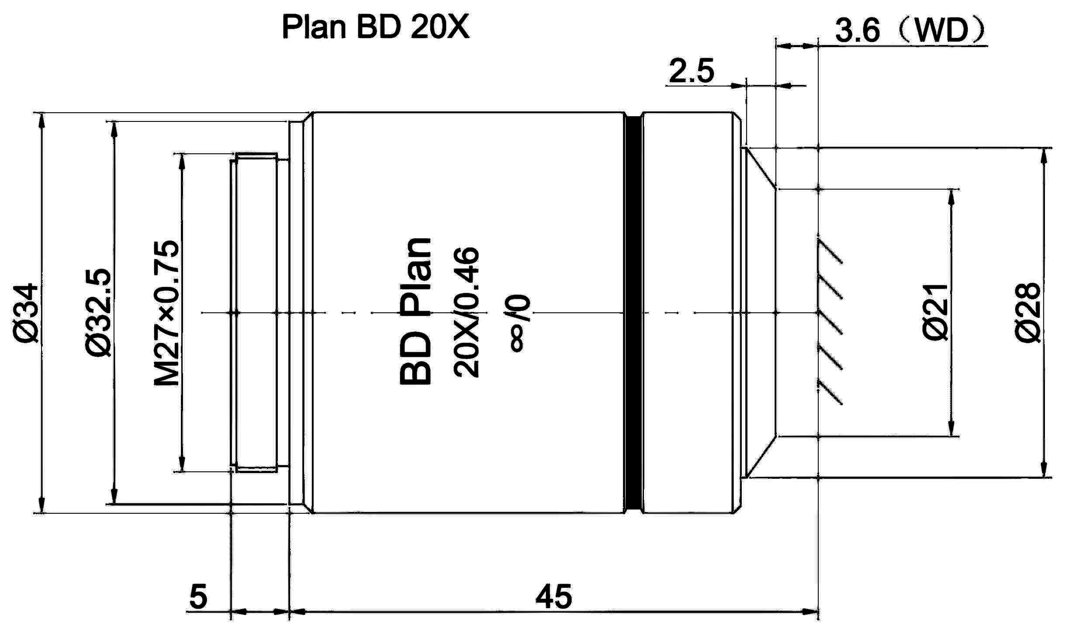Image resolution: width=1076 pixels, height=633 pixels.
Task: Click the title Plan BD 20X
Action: click(376, 27)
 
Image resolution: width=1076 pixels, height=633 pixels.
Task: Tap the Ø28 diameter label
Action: click(1027, 312)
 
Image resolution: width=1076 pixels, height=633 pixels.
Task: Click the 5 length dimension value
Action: click(198, 597)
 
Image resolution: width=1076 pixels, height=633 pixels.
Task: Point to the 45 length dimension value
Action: click(554, 597)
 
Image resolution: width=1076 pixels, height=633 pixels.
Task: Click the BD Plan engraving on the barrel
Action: click(415, 312)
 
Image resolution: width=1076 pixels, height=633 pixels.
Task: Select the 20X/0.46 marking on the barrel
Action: click(467, 312)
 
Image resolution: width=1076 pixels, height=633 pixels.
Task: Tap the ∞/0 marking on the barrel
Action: click(520, 323)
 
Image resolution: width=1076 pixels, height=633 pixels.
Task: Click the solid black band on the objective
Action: click(633, 312)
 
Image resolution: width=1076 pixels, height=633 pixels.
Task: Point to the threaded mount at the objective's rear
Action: click(256, 312)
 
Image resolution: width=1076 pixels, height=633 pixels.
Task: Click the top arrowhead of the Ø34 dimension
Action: click(42, 120)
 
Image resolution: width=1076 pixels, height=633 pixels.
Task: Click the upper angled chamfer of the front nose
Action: click(761, 169)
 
